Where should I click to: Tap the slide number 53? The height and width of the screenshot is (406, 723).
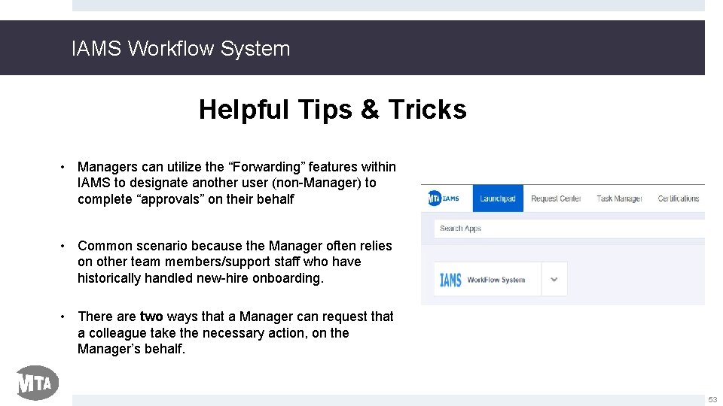(x=712, y=400)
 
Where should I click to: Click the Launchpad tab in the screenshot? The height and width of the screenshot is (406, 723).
(x=498, y=198)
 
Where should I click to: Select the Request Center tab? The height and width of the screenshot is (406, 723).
(x=556, y=198)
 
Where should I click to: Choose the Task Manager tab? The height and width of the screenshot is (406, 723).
(x=619, y=198)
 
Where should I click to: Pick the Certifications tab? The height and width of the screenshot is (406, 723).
(x=679, y=198)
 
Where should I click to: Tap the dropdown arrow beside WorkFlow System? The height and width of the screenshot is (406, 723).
(x=554, y=280)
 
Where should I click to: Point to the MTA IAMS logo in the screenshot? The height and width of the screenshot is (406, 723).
(x=444, y=198)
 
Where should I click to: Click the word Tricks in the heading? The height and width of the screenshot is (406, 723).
(x=427, y=110)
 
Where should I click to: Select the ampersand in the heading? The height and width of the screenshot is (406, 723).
(x=370, y=110)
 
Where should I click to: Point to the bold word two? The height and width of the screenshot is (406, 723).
(x=151, y=317)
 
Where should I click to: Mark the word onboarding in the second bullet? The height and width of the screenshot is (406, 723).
(x=287, y=278)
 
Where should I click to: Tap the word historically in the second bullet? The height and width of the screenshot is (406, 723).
(x=111, y=278)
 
